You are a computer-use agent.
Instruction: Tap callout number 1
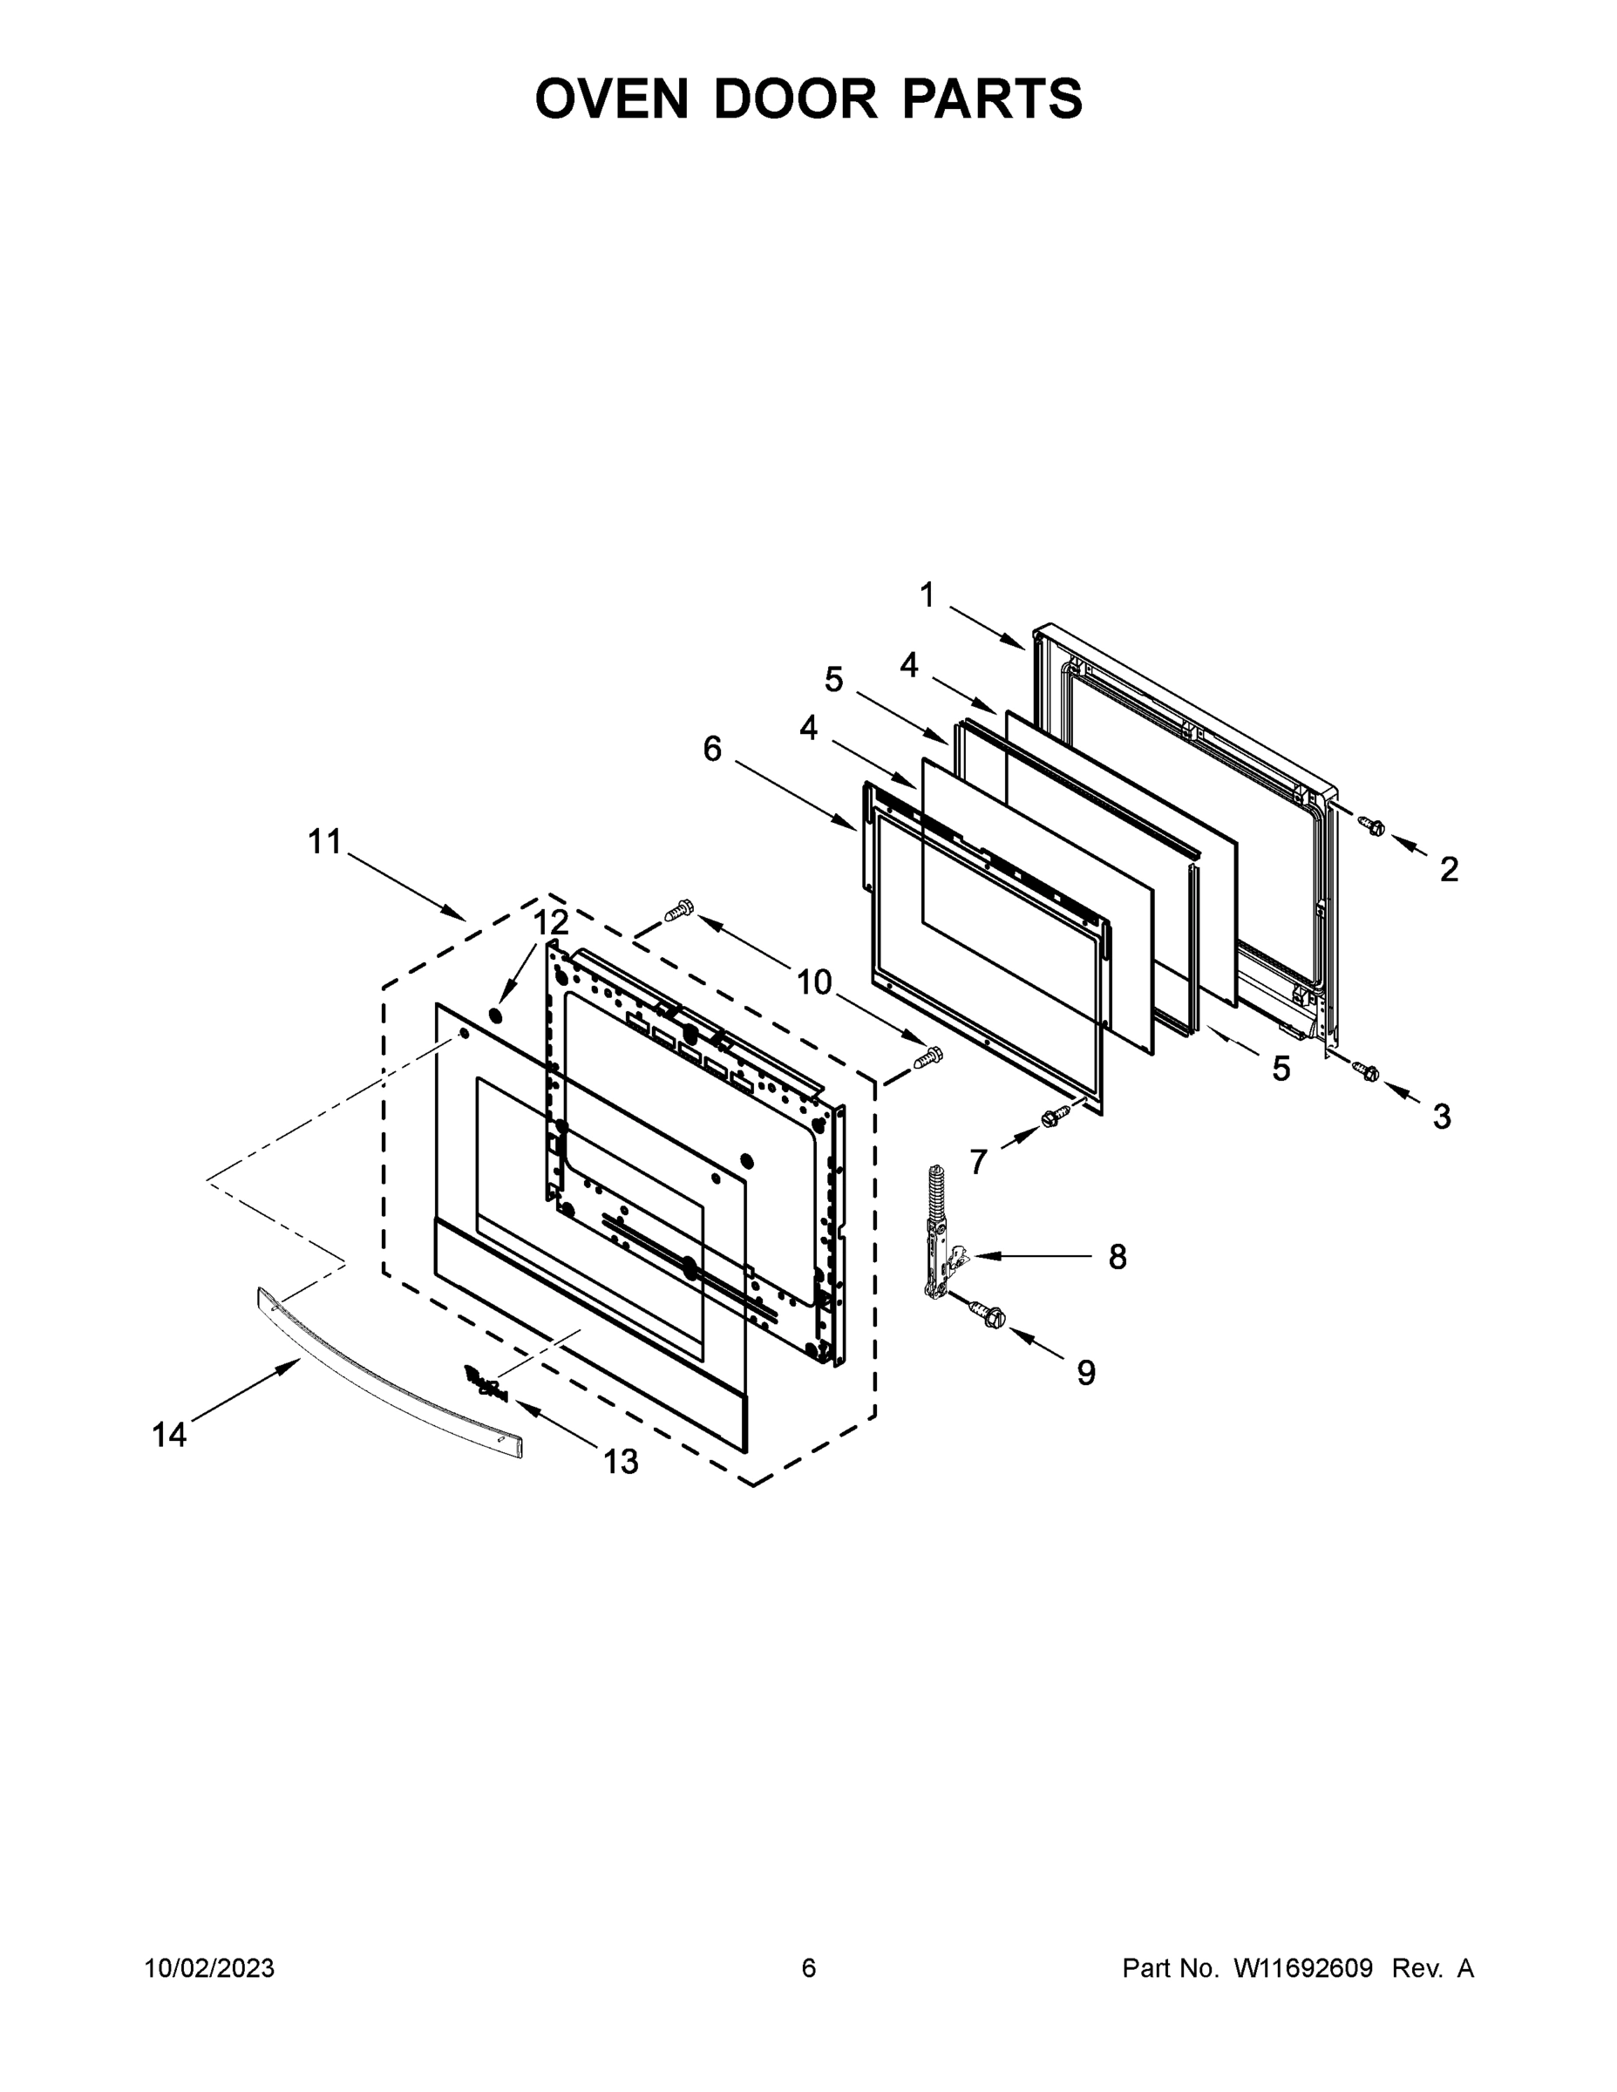pyautogui.click(x=927, y=596)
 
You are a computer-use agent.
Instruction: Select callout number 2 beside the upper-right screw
pyautogui.click(x=1449, y=869)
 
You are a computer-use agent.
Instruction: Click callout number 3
pyautogui.click(x=1442, y=1116)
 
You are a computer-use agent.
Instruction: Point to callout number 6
pyautogui.click(x=712, y=749)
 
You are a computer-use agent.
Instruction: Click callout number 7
pyautogui.click(x=978, y=1162)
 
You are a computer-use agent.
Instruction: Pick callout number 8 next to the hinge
pyautogui.click(x=1117, y=1257)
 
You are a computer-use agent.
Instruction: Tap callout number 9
pyautogui.click(x=1085, y=1373)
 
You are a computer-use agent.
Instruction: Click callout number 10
pyautogui.click(x=814, y=981)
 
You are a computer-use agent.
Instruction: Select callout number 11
pyautogui.click(x=325, y=842)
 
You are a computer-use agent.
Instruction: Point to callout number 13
pyautogui.click(x=621, y=1462)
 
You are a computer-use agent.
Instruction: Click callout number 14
pyautogui.click(x=170, y=1435)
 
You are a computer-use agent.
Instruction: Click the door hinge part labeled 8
pyautogui.click(x=943, y=1236)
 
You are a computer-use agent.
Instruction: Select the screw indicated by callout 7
pyautogui.click(x=1055, y=1116)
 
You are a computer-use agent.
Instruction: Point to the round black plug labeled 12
pyautogui.click(x=495, y=1015)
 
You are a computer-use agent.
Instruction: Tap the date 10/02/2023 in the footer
pyautogui.click(x=209, y=1968)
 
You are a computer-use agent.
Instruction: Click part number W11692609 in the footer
pyautogui.click(x=1303, y=1968)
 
